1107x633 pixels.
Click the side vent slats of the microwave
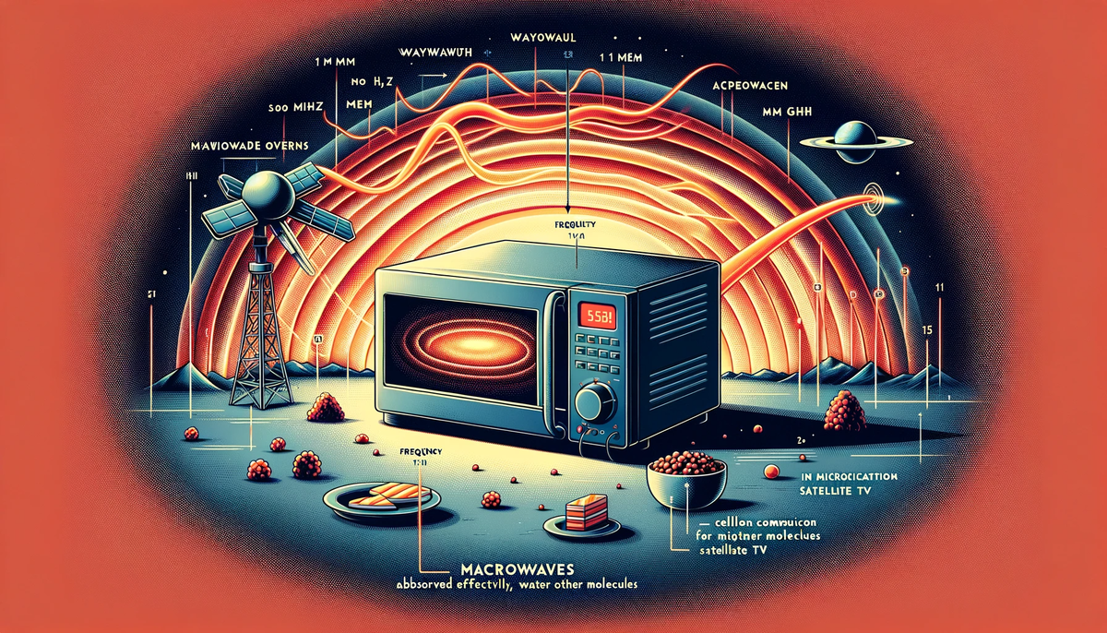pos(680,355)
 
